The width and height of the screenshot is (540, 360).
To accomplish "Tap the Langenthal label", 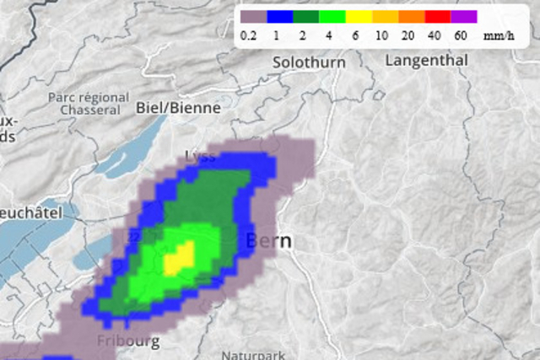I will (426, 61).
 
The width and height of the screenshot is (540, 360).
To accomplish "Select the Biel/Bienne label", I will (178, 108).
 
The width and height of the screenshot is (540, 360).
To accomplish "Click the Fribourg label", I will (128, 341).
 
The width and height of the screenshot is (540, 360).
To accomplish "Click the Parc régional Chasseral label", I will (88, 104).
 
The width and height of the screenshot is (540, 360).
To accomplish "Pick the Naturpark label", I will (248, 355).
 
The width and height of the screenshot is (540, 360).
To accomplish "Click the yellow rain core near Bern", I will (179, 258).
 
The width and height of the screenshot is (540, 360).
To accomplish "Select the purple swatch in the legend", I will (463, 16).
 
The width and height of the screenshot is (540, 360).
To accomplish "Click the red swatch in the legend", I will (437, 16).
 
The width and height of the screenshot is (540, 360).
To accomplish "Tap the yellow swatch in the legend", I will (359, 16).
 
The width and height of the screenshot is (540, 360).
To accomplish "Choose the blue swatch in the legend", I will (279, 16).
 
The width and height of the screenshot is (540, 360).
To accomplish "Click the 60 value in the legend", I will (460, 35).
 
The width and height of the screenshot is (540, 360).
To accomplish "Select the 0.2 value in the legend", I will (248, 35).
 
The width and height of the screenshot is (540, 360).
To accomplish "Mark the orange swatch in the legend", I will (411, 16).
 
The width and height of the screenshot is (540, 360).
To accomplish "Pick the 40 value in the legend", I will (434, 35).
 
